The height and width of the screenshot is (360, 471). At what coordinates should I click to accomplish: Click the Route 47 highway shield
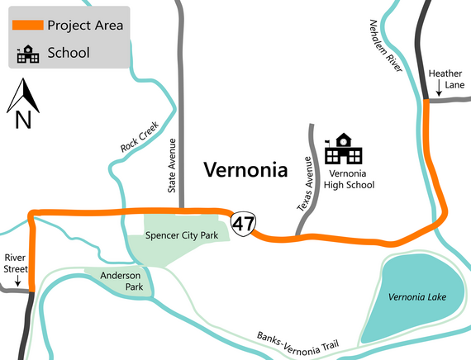tap(243, 223)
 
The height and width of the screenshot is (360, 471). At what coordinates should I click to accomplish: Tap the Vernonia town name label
tap(245, 171)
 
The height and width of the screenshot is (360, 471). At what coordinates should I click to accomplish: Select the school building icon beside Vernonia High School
tap(342, 149)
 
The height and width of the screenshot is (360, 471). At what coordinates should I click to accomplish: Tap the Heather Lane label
tap(445, 79)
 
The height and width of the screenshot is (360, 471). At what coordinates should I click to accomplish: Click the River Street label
tap(17, 263)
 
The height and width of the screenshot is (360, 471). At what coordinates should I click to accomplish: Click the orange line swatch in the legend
tap(27, 25)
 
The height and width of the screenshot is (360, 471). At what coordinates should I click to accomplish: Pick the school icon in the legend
tap(27, 54)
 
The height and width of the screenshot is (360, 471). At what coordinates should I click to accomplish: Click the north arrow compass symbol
tap(22, 104)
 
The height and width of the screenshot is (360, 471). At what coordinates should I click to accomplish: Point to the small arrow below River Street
tap(17, 282)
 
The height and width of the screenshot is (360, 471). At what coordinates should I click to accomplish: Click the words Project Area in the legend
tap(85, 25)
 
